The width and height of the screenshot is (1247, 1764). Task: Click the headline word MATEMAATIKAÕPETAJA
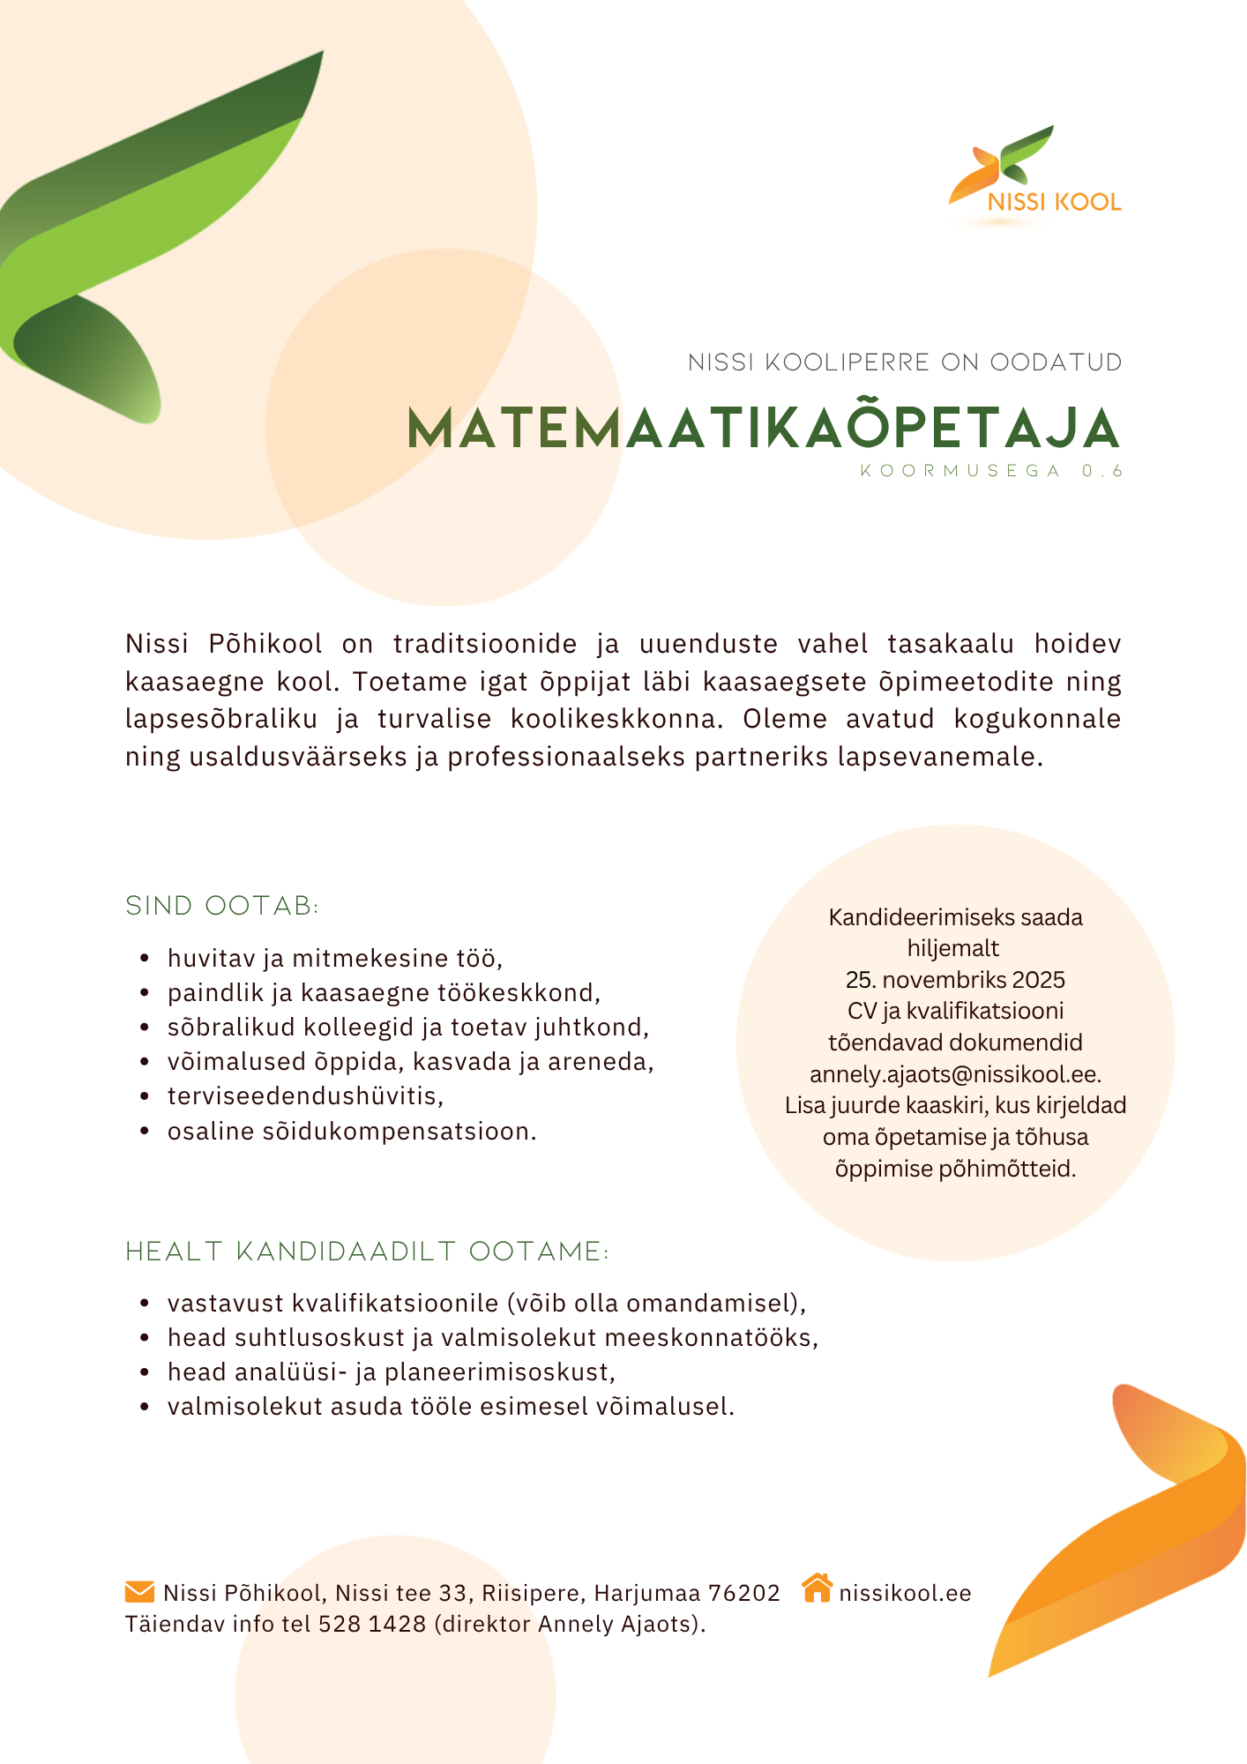coord(764,430)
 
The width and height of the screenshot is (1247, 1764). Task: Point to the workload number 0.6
coord(1102,471)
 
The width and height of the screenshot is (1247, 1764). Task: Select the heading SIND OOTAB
coord(222,906)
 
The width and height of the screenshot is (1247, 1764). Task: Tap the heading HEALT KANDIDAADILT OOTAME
coord(367,1252)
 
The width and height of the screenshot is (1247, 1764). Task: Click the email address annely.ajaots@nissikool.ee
coord(955,1074)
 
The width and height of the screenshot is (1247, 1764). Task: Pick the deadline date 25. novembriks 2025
coord(955,980)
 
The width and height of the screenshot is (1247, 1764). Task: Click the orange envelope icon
coord(139,1591)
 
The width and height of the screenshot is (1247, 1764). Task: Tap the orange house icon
coord(818,1588)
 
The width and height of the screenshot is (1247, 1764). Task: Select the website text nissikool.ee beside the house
coord(905,1593)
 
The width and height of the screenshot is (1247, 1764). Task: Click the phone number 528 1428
coord(372,1624)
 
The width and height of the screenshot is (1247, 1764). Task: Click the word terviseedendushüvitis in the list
coord(304,1096)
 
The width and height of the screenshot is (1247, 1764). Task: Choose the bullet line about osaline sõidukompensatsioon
coord(351,1131)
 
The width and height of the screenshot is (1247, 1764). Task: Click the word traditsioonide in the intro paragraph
coord(484,644)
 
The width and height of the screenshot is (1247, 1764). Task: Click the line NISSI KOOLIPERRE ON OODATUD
coord(905,363)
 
